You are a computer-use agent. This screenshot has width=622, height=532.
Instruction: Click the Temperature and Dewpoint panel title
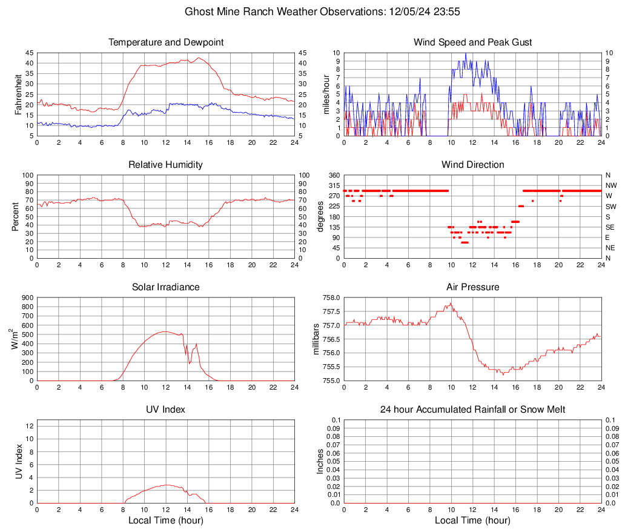click(166, 42)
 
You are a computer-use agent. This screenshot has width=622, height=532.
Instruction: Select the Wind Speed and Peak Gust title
click(472, 42)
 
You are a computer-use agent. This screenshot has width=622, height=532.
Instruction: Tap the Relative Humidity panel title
click(166, 165)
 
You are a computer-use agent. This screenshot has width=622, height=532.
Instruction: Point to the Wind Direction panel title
click(472, 165)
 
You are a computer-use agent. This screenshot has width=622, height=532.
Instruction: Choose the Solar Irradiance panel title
click(166, 287)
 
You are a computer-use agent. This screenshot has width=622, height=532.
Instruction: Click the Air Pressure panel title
click(472, 287)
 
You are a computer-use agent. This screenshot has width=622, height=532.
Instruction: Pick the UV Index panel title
click(166, 410)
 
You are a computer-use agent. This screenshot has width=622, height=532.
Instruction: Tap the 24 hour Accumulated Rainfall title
click(472, 410)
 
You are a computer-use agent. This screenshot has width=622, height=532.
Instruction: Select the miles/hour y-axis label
click(325, 94)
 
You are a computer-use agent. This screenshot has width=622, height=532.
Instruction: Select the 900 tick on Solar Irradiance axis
click(27, 298)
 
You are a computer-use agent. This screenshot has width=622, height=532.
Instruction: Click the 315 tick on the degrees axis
click(333, 185)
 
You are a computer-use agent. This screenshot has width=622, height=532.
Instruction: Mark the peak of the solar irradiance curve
click(165, 331)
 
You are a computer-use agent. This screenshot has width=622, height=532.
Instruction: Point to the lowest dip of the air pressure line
click(503, 374)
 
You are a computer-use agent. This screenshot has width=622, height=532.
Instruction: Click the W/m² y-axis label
click(15, 339)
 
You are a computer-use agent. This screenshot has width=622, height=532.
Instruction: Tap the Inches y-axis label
click(321, 461)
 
